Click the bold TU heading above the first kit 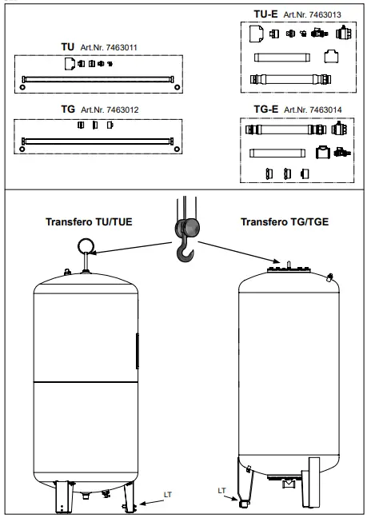point(67,48)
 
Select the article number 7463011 point(108,49)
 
